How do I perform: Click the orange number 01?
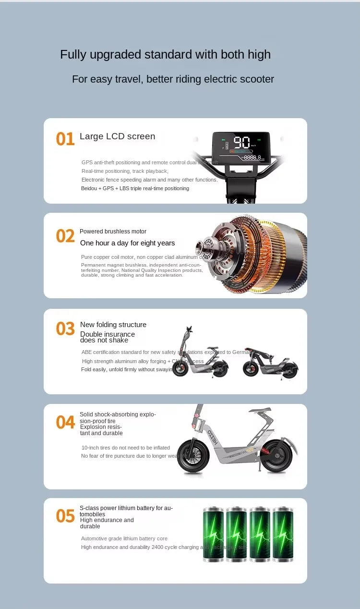tap(65, 139)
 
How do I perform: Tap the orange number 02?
tap(65, 236)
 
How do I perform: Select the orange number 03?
tap(65, 329)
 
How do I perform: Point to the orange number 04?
tap(65, 422)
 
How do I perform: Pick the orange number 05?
tap(65, 516)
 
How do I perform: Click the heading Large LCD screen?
tap(117, 136)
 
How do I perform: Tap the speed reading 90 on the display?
tap(241, 143)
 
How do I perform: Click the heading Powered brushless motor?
tap(113, 231)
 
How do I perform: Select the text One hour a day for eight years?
tap(127, 243)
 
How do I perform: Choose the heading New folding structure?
tap(113, 325)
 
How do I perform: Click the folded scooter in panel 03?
tap(270, 363)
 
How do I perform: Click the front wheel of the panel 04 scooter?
tap(193, 456)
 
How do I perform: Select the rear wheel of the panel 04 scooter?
tap(277, 456)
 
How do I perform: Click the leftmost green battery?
tap(213, 534)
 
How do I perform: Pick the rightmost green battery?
tap(283, 534)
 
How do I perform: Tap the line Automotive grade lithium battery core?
tap(124, 538)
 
